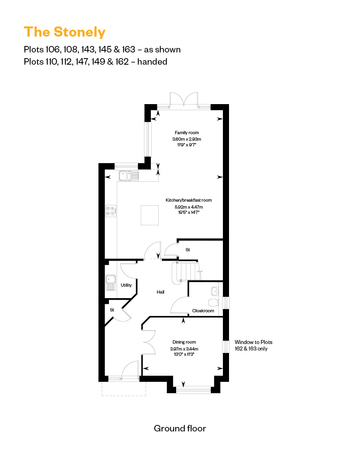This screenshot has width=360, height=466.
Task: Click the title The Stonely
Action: coord(65,32)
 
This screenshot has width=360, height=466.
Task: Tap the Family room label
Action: coord(187,133)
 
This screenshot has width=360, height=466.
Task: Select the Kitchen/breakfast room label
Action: coord(188,200)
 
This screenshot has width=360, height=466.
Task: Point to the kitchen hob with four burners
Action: coord(111,210)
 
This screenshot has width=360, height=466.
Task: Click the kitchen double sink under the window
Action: coord(129,176)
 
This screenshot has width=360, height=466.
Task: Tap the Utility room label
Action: coord(127,285)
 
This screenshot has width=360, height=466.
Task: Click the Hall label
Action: coord(161,292)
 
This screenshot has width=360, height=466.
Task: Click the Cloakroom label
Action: coord(203,311)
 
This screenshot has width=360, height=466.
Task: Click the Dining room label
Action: coord(184,342)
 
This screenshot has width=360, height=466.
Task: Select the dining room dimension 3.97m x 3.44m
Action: coord(184,348)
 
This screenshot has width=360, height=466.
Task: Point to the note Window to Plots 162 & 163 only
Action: coord(253,345)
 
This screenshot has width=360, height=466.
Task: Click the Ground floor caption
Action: coord(180,428)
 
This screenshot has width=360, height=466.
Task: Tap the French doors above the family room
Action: coord(184,100)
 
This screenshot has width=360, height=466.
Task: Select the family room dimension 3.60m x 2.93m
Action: coord(187,139)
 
